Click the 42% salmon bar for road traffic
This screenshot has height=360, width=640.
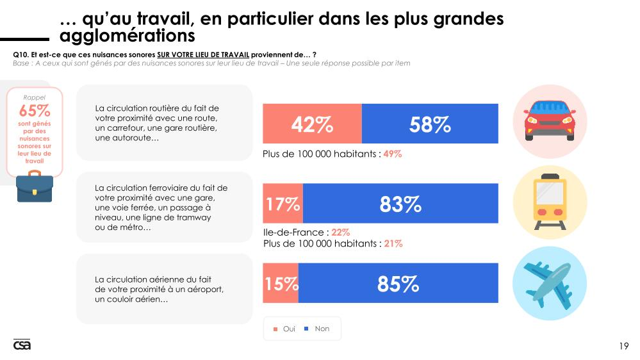click(312, 124)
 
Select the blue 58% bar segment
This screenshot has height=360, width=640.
click(430, 124)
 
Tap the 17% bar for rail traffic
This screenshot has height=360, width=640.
click(283, 204)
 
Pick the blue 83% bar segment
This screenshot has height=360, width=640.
click(400, 204)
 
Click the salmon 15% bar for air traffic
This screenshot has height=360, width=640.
click(281, 283)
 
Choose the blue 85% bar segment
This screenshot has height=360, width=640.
click(398, 283)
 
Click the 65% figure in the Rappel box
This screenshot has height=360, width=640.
click(35, 111)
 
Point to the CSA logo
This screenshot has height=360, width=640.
click(22, 345)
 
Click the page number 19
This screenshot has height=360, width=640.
click(623, 347)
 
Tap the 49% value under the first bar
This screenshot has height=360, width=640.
click(392, 154)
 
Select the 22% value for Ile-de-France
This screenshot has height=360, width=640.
click(340, 233)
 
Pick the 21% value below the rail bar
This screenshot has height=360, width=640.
click(393, 243)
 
